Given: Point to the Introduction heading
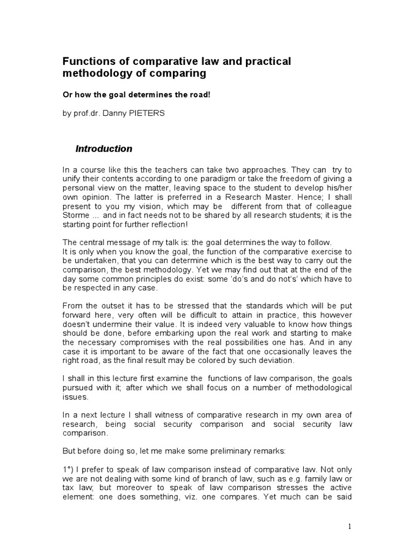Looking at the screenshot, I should tap(104, 149).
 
